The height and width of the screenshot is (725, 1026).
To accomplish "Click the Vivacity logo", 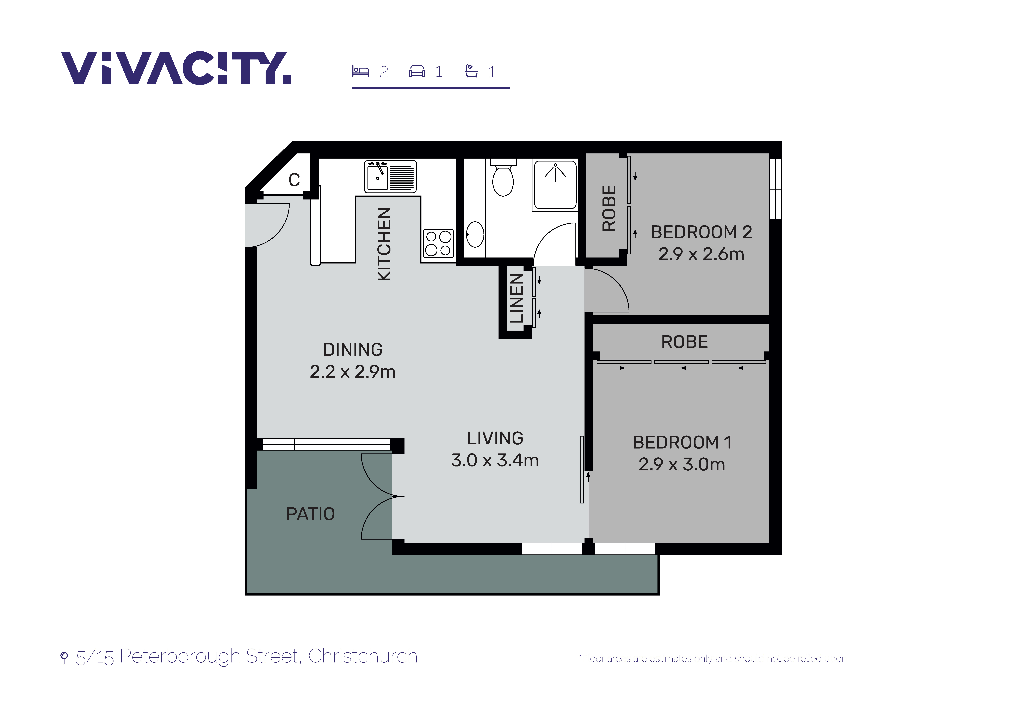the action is (176, 68).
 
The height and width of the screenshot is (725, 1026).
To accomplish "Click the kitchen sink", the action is (390, 176).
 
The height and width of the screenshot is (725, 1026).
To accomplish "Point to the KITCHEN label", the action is (384, 244).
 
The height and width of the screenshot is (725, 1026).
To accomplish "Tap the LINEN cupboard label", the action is (517, 298).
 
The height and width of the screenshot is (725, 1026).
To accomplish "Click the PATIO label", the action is (311, 514).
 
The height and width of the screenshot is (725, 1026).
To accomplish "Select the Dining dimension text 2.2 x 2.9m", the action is (353, 372).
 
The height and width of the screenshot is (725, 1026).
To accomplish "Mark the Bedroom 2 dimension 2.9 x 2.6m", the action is (701, 254).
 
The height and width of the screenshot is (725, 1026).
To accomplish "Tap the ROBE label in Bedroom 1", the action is (685, 342).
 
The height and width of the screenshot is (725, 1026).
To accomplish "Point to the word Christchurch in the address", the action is (363, 656).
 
